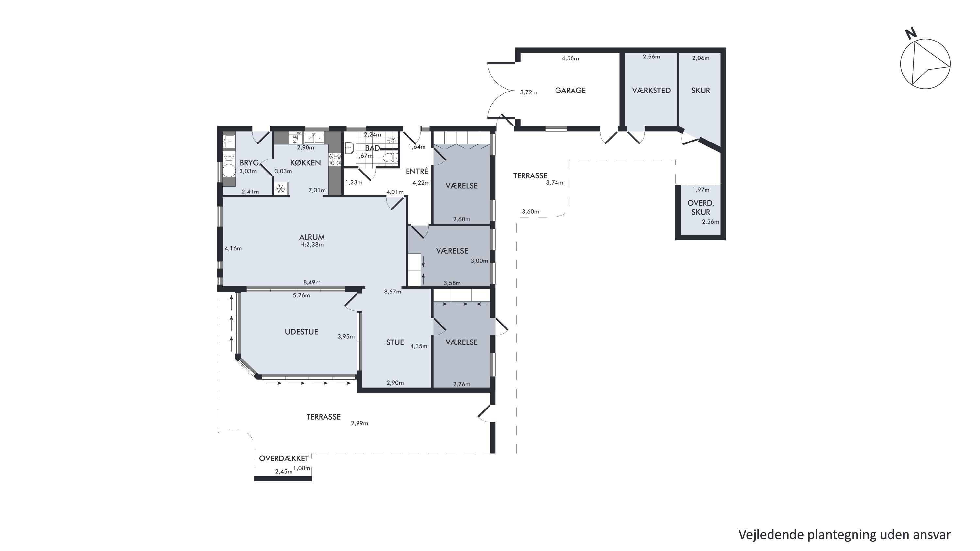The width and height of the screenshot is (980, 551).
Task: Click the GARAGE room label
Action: [570, 91]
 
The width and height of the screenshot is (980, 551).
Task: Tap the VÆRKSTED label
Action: [651, 91]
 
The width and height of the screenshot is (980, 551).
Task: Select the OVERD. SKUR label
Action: [701, 208]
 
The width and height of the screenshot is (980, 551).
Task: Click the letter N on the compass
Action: [911, 34]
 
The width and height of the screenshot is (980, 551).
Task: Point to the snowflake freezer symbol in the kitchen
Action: [281, 188]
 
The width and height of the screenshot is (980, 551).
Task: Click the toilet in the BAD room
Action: [390, 157]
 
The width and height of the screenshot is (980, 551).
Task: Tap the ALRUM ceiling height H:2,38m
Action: [311, 245]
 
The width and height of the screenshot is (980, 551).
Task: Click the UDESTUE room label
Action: [301, 332]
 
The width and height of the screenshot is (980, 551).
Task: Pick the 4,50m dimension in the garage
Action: [570, 58]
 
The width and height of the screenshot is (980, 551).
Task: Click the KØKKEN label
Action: [306, 163]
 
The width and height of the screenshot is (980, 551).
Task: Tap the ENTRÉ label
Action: [417, 171]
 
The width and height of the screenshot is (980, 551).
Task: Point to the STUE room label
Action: [395, 342]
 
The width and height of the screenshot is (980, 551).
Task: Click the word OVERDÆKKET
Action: [284, 459]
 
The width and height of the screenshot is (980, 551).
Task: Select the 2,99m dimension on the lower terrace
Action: [359, 423]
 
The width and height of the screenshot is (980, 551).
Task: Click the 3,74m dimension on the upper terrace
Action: [555, 183]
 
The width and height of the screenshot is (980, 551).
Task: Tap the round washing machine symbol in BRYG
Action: [229, 171]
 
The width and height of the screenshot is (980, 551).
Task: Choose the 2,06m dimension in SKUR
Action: [701, 58]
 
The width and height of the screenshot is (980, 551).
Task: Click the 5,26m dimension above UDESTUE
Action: [301, 295]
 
